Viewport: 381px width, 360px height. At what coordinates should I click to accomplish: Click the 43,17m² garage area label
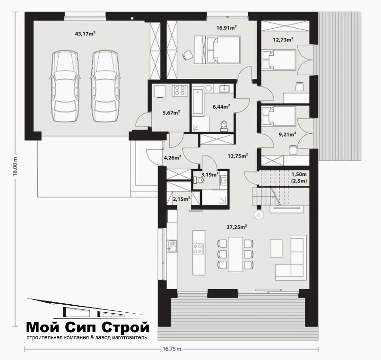(85, 34)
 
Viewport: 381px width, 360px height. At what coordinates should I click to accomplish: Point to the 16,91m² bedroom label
(227, 28)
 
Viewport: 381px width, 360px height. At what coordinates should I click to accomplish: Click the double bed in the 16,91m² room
(217, 50)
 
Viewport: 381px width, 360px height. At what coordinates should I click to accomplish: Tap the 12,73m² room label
(283, 39)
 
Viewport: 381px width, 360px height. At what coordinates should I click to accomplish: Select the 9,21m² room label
(287, 134)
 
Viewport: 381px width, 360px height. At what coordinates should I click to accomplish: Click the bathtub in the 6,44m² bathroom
(198, 102)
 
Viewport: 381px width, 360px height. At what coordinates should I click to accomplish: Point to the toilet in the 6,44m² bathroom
(224, 126)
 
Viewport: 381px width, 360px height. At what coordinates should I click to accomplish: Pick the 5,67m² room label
(171, 112)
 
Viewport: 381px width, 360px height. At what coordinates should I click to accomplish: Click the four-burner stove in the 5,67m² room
(180, 90)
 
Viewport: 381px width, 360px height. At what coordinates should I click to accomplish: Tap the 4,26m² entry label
(173, 157)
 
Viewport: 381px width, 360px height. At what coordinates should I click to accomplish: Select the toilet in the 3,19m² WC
(199, 180)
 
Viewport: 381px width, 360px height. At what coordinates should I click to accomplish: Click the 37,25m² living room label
(237, 227)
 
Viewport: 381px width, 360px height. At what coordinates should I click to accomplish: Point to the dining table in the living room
(235, 254)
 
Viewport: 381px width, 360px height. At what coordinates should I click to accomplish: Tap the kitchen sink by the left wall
(172, 246)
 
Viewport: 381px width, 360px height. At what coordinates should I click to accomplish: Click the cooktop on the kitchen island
(199, 249)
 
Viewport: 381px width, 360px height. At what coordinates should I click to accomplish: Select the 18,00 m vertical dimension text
(16, 165)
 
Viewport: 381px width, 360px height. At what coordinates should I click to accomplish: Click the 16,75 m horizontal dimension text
(172, 349)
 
